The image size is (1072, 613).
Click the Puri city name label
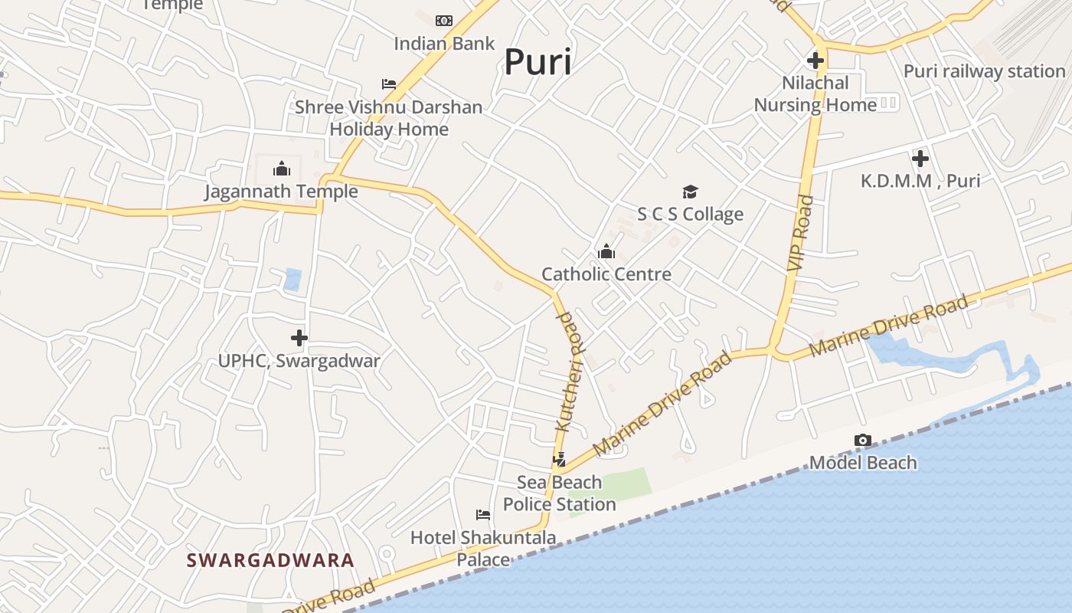tap(538, 62)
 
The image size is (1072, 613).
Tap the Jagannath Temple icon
tap(281, 168)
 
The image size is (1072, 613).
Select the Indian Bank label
tap(444, 44)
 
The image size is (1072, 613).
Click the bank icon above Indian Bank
tap(444, 21)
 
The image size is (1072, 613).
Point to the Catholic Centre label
tap(606, 274)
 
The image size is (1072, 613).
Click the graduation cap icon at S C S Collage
tap(690, 192)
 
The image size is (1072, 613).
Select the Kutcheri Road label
tap(570, 372)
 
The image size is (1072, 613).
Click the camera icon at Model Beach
tap(862, 440)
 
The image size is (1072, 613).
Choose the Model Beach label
tap(862, 463)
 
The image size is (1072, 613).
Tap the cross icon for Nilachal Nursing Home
tap(815, 60)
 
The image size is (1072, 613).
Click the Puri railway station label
tap(984, 71)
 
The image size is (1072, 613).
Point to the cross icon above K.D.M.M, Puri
tap(920, 159)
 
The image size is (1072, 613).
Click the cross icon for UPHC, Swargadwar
tap(299, 337)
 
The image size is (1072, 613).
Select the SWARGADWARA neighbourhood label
tap(270, 560)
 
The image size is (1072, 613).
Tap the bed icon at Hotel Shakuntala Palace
tap(482, 514)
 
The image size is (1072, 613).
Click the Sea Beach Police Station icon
tap(560, 459)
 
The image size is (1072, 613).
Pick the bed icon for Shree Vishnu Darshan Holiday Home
tap(389, 84)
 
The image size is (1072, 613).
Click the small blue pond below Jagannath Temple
tap(292, 279)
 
